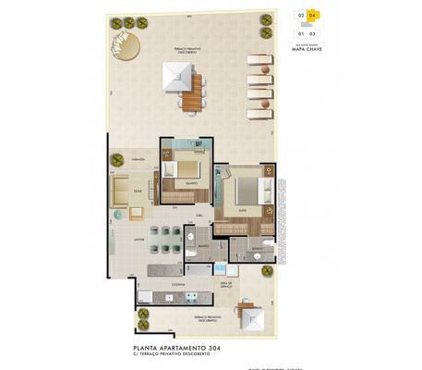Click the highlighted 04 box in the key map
coord(312,16)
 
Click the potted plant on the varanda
coord(118,160)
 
